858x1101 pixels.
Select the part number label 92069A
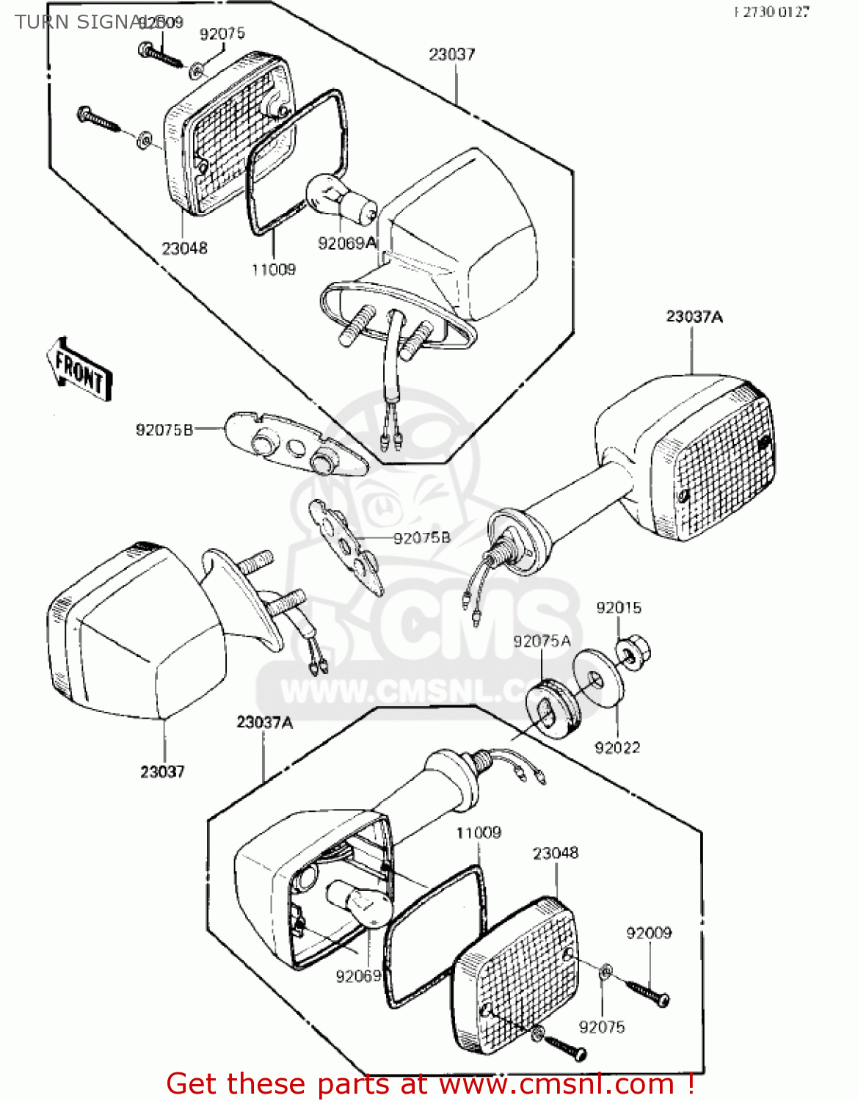point(346,243)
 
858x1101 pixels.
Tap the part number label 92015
point(618,608)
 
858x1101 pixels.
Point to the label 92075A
point(542,642)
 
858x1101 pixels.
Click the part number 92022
point(617,748)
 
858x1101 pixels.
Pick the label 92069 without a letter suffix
point(359,975)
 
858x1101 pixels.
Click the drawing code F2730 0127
point(771,12)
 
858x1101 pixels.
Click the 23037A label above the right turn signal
point(694,317)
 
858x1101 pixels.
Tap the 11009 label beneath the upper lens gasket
point(273,270)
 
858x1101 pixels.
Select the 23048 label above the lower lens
point(555,853)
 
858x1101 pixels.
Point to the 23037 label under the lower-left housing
point(162,771)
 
